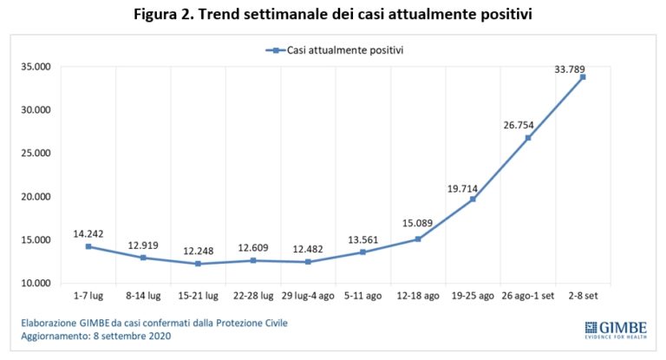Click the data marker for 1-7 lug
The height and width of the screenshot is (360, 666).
click(88, 246)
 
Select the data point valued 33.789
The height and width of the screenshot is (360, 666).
click(583, 77)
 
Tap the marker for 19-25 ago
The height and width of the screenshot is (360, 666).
click(473, 199)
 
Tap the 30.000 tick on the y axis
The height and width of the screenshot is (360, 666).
click(37, 110)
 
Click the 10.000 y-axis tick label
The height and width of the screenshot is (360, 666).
click(37, 283)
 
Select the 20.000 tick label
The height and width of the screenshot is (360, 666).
click(37, 197)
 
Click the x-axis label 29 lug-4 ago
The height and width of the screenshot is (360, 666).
click(309, 297)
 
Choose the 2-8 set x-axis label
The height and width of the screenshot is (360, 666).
click(583, 297)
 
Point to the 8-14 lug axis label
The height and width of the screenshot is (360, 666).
click(143, 297)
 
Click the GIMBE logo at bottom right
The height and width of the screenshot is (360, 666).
click(615, 329)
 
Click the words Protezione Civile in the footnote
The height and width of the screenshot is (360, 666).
click(256, 324)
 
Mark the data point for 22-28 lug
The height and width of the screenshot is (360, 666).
click(253, 260)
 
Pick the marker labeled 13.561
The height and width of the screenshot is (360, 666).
click(363, 252)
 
